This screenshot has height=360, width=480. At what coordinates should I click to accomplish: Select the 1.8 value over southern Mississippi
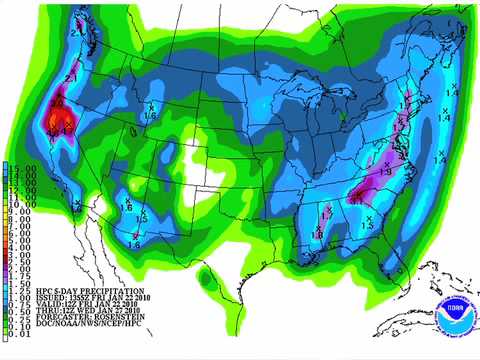[317, 234]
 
